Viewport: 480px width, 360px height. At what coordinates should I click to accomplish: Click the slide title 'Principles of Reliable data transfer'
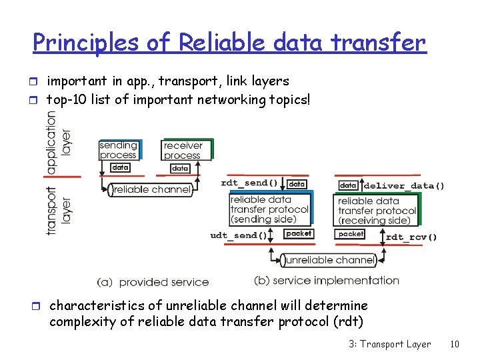click(x=229, y=42)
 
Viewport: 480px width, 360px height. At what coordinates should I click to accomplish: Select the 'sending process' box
click(x=119, y=150)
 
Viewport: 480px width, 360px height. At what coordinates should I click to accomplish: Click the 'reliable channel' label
click(x=151, y=190)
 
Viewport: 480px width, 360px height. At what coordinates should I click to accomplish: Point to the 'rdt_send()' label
click(x=249, y=183)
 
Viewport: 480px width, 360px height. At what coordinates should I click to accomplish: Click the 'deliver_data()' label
click(x=404, y=185)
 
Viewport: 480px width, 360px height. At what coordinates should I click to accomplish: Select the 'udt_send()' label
click(x=239, y=235)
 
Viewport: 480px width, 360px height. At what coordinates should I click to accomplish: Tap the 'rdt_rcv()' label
click(x=411, y=237)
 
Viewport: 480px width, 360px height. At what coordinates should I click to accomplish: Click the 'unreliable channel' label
click(x=327, y=259)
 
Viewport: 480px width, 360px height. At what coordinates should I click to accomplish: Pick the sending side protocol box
click(x=269, y=209)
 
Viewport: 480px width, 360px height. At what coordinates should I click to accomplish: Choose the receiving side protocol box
click(x=377, y=210)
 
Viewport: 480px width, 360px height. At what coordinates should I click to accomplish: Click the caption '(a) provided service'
click(x=153, y=282)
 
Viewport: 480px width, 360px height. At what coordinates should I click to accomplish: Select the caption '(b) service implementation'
click(x=327, y=281)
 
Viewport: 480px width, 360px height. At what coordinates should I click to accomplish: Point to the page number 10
click(x=455, y=344)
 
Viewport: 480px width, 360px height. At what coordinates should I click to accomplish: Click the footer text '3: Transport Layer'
click(x=389, y=344)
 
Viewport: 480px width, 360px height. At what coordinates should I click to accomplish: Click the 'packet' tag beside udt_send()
click(x=298, y=233)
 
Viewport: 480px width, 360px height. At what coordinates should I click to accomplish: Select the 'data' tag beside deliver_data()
click(x=349, y=185)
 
